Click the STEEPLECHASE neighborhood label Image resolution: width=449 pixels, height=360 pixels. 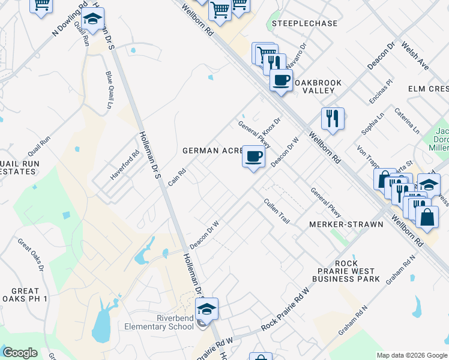coord(304,23)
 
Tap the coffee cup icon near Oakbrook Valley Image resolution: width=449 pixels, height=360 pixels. coord(281,80)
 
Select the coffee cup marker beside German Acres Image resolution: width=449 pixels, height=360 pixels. coord(253,157)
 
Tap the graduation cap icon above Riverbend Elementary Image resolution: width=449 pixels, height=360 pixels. coord(206,309)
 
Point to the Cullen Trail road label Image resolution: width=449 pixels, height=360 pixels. coord(277,212)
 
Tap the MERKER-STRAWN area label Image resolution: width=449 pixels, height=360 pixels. coord(346,224)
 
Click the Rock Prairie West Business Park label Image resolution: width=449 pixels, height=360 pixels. coord(346,271)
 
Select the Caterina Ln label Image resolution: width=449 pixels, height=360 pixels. coord(407,120)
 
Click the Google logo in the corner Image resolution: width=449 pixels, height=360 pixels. coord(20,352)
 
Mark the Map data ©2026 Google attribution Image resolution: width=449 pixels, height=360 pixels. coord(411,355)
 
